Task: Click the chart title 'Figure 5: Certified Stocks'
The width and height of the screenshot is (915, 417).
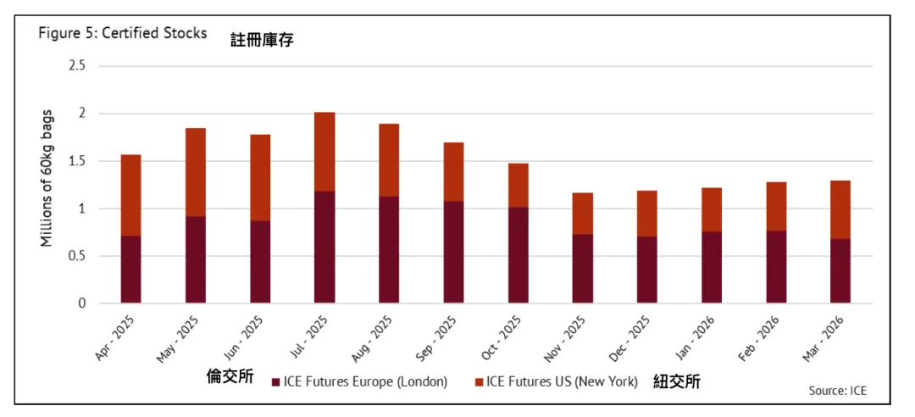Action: tap(122, 34)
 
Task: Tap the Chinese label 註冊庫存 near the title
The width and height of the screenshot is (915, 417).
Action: tap(262, 39)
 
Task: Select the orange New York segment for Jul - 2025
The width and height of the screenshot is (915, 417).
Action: tap(324, 152)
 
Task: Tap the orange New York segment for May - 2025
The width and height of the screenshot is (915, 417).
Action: tap(196, 172)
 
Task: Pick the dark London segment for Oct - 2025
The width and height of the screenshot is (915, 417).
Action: tap(518, 255)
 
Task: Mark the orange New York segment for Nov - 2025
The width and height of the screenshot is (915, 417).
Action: tap(583, 214)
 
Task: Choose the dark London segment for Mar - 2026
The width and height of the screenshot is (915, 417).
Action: tap(840, 271)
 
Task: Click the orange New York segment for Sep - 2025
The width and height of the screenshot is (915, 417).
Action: tap(454, 172)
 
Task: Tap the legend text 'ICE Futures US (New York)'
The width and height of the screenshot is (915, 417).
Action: tap(562, 382)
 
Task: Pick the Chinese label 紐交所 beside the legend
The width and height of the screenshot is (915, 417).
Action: tap(677, 382)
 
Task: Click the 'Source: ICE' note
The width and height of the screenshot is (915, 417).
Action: tap(838, 391)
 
